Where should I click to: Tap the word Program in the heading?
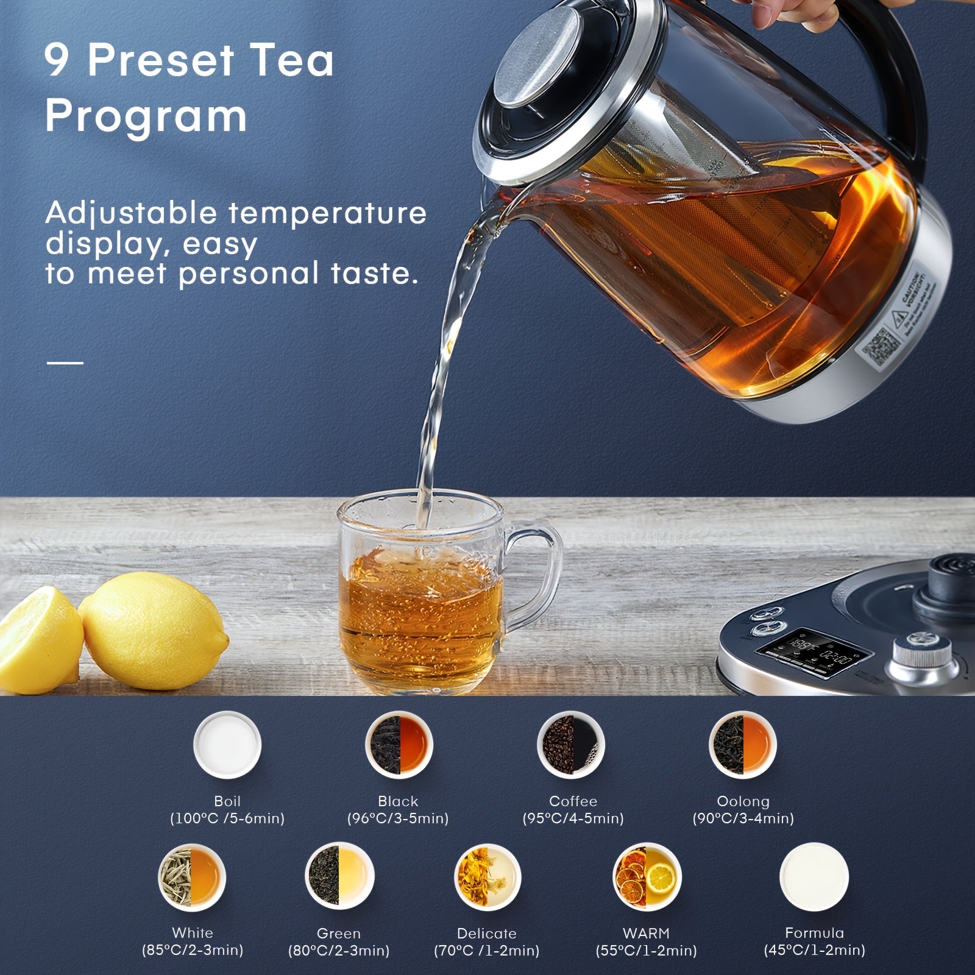[146, 115]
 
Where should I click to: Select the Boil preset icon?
[227, 745]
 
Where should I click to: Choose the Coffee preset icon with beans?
[571, 745]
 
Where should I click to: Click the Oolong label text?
[743, 801]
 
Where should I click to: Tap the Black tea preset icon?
[399, 745]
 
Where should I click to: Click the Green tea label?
[338, 933]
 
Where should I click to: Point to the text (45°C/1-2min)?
[814, 949]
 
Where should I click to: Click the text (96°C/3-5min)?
[398, 818]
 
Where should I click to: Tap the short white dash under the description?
[65, 363]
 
